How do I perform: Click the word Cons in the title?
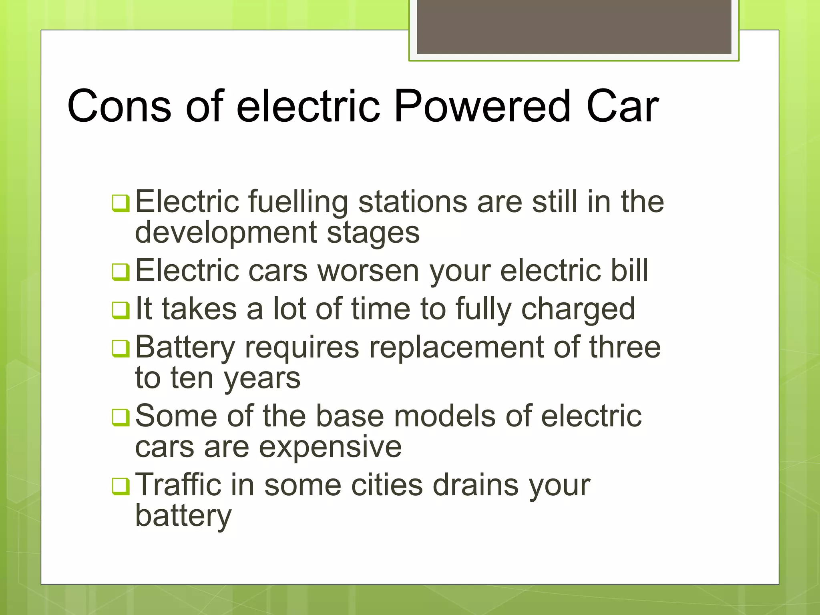click(119, 107)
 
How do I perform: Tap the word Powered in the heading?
click(482, 107)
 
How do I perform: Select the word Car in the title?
click(622, 107)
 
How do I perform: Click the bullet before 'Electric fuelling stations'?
click(121, 203)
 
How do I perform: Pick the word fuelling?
click(298, 202)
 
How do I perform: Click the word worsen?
click(368, 271)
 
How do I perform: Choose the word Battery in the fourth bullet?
click(185, 348)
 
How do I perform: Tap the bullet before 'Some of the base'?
click(121, 418)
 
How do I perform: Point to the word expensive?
click(330, 448)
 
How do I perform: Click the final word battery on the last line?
click(183, 517)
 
